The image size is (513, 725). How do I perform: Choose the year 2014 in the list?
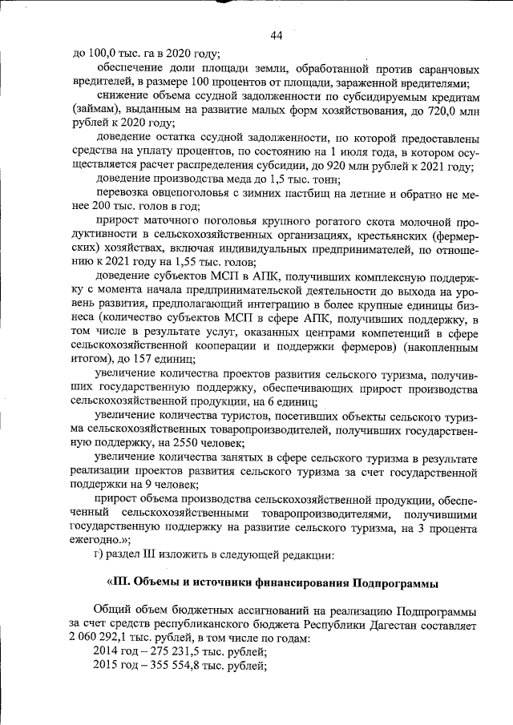click(x=107, y=652)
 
